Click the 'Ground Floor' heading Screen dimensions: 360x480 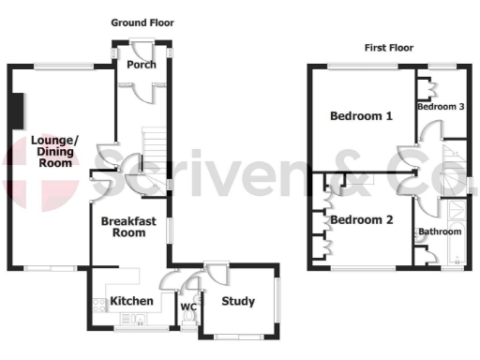tap(142, 22)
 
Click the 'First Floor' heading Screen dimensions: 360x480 tap(389, 48)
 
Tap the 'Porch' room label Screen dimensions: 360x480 tap(141, 66)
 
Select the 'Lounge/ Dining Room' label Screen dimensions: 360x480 tap(55, 151)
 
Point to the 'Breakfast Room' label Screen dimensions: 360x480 tap(124, 226)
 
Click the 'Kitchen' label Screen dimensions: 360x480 tap(131, 301)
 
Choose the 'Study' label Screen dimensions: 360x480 tap(238, 301)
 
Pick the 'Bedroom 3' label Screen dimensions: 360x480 tap(441, 107)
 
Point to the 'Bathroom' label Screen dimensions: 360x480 tap(439, 231)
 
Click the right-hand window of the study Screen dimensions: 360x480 tap(277, 302)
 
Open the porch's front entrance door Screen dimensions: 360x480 tap(142, 41)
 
